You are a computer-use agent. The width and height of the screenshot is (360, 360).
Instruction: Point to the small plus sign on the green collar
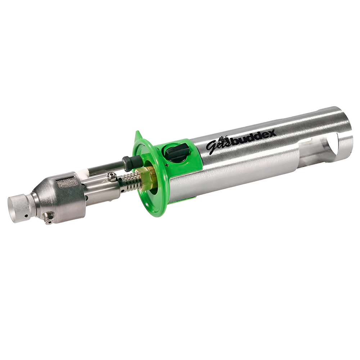(167, 165)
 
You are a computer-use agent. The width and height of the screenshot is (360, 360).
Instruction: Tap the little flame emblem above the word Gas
(224, 138)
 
